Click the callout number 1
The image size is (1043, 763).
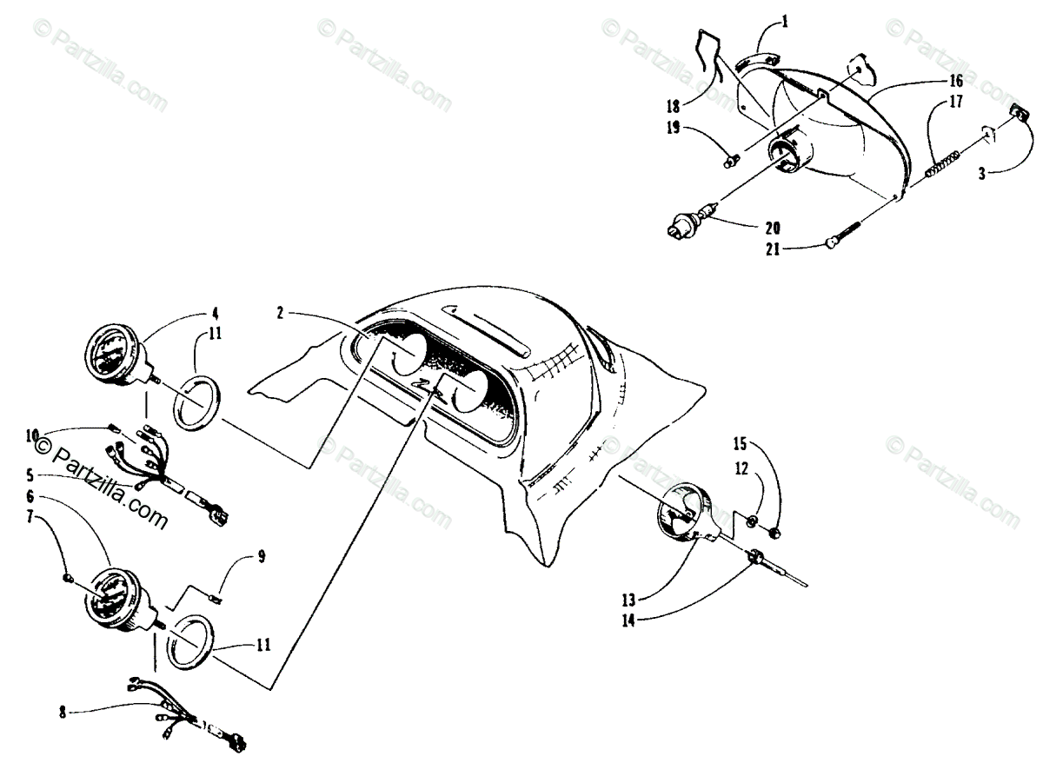click(785, 19)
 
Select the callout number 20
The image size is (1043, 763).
click(773, 229)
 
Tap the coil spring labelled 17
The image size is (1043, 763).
click(942, 163)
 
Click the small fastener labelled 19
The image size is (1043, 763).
click(732, 159)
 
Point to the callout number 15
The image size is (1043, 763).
click(739, 444)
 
